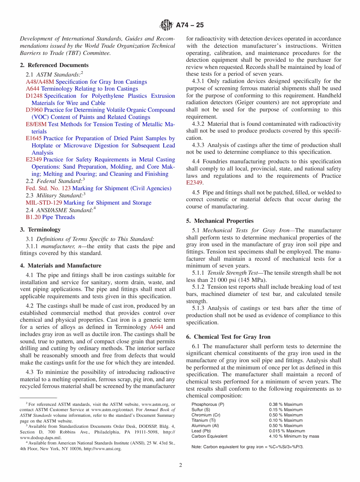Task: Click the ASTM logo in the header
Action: coord(166,25)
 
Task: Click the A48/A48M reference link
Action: coord(40,82)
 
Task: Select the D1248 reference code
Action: coord(34,96)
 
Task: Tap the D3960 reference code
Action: coord(34,110)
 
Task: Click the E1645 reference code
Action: coord(33,138)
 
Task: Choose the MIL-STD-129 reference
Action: coord(44,203)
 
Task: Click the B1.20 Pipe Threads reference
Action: coord(50,217)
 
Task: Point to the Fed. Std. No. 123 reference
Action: coord(48,188)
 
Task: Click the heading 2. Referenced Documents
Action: coord(54,65)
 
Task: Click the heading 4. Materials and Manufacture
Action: coord(61,266)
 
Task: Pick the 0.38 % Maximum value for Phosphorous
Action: coord(286,404)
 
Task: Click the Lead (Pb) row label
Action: coord(201,431)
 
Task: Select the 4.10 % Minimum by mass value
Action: coord(294,436)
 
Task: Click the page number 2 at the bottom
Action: coord(180,465)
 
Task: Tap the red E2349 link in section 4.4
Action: coord(194,183)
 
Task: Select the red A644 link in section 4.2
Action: coord(157,327)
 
